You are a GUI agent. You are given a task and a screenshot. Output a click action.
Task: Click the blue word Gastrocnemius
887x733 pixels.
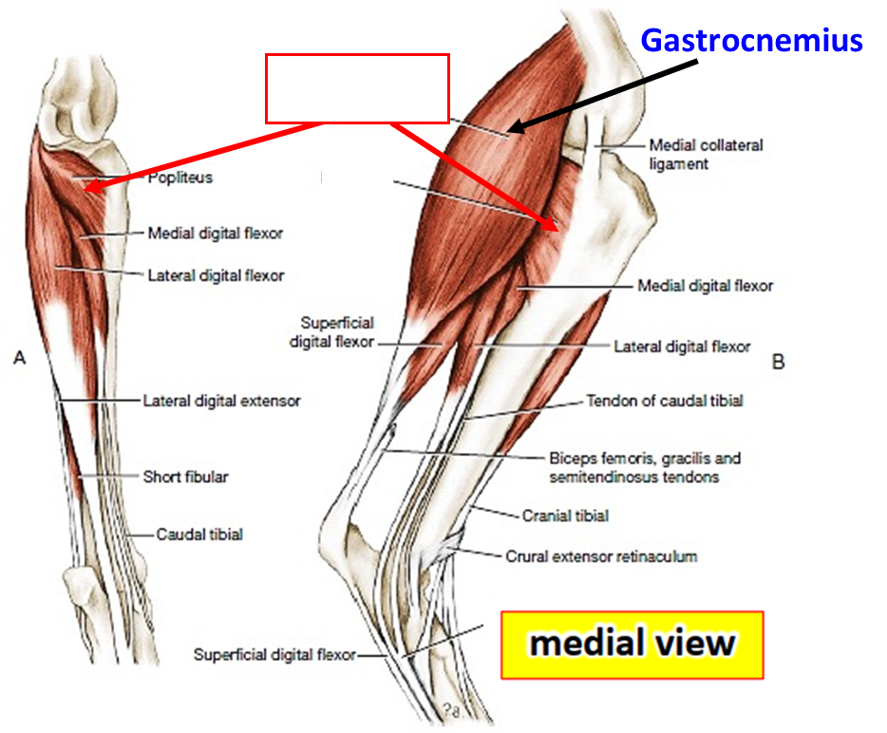pos(751,41)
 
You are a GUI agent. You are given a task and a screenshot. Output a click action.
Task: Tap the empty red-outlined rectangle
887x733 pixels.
pos(356,88)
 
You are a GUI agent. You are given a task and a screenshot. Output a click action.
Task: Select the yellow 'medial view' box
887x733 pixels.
pos(632,645)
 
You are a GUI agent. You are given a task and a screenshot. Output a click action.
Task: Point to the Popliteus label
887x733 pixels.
pos(180,178)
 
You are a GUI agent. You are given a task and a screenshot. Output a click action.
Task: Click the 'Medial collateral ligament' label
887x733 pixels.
pos(705,155)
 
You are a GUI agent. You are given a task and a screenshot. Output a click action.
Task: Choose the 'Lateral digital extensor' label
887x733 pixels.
pos(221,401)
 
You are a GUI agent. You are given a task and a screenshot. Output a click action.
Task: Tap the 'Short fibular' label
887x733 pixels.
pos(185,477)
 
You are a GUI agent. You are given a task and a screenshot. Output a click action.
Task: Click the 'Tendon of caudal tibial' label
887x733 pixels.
pos(665,401)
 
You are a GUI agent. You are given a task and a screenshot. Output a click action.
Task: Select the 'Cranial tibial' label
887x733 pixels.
pos(565,516)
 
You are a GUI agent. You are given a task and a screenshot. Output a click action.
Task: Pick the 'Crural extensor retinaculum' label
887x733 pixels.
pos(601,555)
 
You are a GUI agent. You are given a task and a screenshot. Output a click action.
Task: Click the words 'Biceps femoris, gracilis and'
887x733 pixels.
pos(645,458)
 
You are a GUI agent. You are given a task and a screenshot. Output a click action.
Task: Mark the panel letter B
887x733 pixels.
pos(778,362)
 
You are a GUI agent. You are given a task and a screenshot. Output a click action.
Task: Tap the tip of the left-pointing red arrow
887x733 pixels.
pos(85,189)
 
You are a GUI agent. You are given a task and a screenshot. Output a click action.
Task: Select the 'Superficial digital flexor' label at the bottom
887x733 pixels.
pos(274,654)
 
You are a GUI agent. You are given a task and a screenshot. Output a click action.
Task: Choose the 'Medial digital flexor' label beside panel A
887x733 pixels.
pos(215,233)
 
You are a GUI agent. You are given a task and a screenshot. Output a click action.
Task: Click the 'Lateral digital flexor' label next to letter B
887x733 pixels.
pos(682,347)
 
